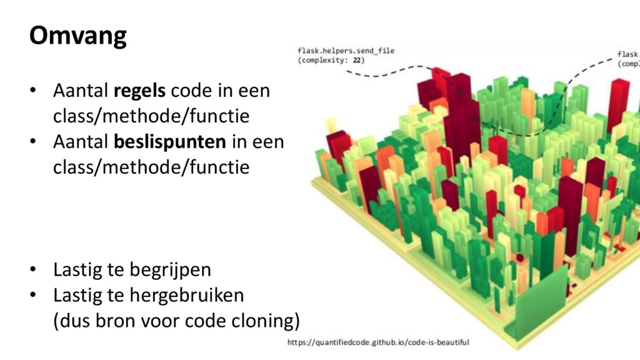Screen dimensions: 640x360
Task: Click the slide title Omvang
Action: tap(78, 36)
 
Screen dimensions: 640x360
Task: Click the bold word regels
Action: tap(140, 91)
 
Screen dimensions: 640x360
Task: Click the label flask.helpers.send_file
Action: tap(346, 51)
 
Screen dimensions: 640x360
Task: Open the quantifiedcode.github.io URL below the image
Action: tap(378, 342)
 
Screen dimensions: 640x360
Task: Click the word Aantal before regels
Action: tap(81, 91)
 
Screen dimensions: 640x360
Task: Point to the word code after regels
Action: tap(190, 91)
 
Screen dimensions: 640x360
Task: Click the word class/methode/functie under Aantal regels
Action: tap(151, 116)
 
